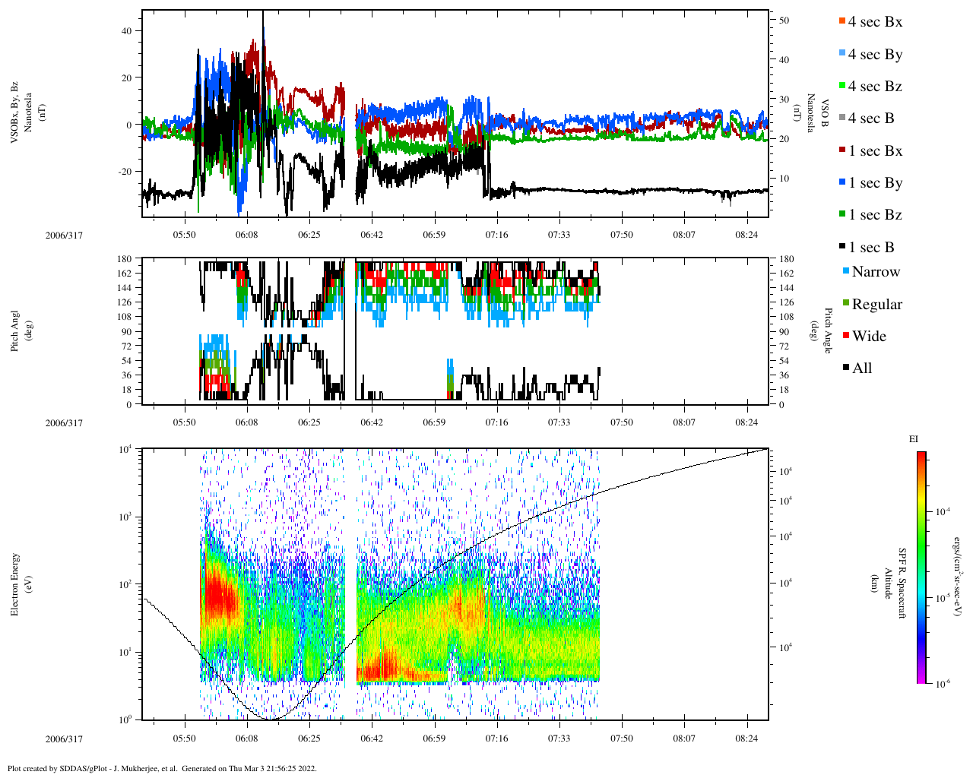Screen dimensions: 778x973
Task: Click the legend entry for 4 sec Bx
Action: coord(875,22)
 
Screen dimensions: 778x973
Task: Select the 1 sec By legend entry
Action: coord(875,183)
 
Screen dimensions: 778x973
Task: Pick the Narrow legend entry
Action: coord(875,272)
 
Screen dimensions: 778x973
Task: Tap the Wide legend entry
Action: coord(868,337)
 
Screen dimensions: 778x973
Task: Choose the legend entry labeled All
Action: coord(861,368)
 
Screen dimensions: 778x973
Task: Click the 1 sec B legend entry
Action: coord(871,248)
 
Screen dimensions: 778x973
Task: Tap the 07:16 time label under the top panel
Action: coord(496,235)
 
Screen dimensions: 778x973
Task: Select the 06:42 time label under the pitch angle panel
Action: coord(372,422)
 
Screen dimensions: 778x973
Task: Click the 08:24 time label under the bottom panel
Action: coord(747,738)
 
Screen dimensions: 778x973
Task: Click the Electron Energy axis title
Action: coord(15,584)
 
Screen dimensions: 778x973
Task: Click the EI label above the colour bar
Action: coord(914,439)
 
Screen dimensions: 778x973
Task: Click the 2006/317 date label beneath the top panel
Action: coord(64,236)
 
